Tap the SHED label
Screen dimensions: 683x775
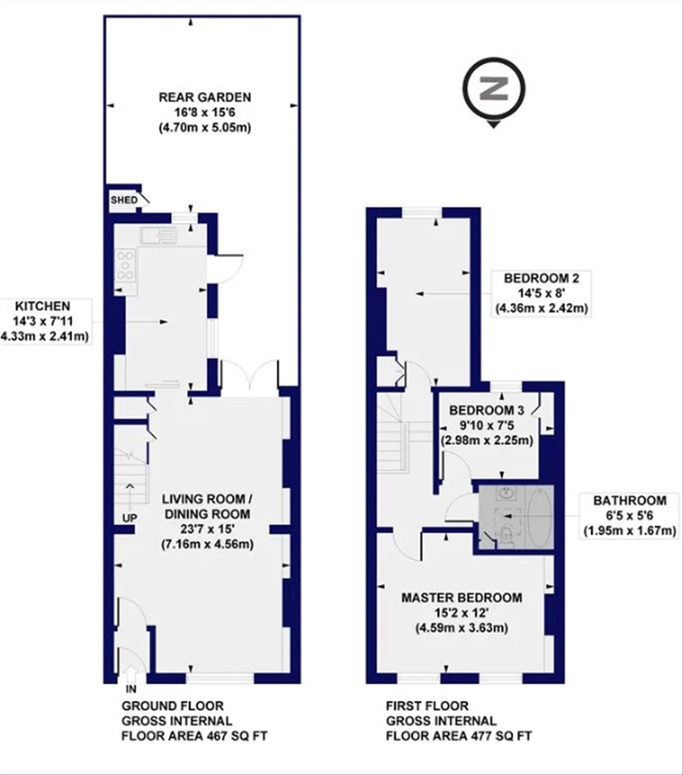[x=124, y=200]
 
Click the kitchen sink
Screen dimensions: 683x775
[x=159, y=235]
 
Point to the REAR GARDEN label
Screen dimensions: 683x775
[x=205, y=97]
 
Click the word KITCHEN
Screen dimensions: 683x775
[x=43, y=306]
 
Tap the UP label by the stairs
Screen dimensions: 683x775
[x=130, y=518]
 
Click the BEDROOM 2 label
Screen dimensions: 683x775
[x=541, y=278]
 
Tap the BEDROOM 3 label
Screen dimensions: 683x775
[x=487, y=410]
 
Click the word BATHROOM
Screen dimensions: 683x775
[x=630, y=501]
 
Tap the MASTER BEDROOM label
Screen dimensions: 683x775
[x=462, y=597]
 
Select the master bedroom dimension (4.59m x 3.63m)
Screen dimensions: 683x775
[x=462, y=628]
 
